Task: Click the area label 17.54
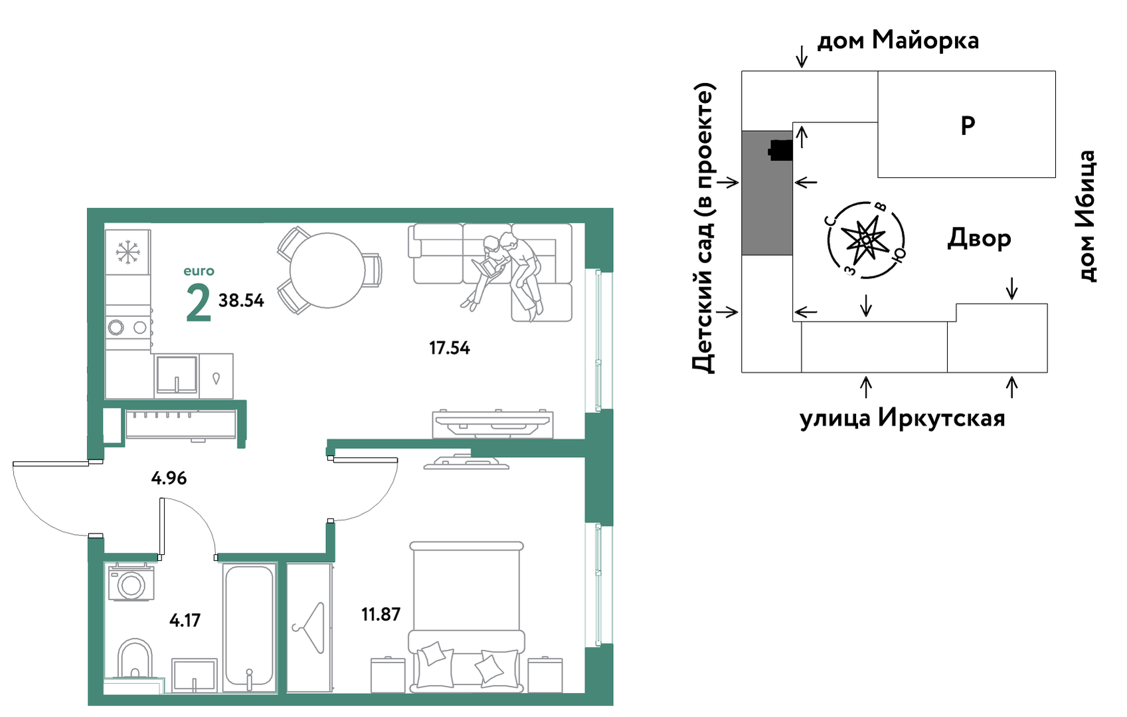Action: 450,348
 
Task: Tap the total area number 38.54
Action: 241,300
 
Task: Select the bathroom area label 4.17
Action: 185,620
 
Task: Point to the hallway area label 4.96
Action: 169,478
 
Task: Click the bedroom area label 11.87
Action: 381,614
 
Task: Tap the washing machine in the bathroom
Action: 131,582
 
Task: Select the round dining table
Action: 327,270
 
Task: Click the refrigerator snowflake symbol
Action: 128,252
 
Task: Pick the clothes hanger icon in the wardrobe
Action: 309,629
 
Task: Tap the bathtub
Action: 249,627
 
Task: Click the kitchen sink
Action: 177,375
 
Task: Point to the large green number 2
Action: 199,302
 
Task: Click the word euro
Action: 199,271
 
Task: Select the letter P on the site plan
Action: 968,126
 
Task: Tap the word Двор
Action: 979,239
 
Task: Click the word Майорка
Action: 925,40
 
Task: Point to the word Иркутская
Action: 941,418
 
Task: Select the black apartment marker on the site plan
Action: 780,150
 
